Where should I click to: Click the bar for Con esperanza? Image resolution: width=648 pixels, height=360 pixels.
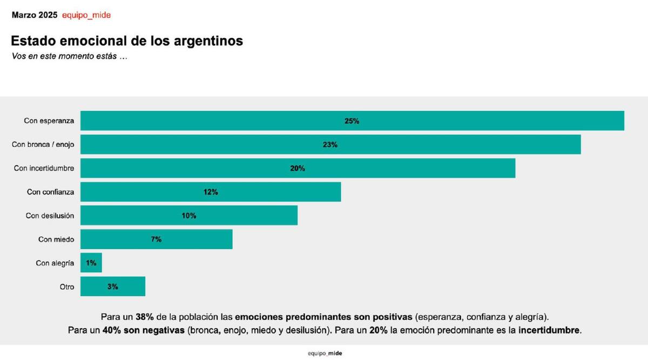(x=352, y=121)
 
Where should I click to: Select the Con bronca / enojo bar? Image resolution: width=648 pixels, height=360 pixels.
(x=330, y=145)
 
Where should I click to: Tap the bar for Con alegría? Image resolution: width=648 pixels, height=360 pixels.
(x=91, y=263)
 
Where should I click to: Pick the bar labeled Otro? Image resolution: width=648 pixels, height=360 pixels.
(x=112, y=287)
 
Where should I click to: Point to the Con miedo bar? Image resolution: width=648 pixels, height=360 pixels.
(x=156, y=239)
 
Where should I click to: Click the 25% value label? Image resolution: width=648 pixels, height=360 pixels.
(x=352, y=121)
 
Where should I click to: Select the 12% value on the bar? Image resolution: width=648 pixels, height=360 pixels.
(x=211, y=192)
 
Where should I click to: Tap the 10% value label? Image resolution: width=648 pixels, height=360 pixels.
(x=189, y=216)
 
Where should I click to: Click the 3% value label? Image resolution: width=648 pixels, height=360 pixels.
(x=112, y=287)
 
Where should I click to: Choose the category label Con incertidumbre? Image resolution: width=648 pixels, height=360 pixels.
(x=44, y=168)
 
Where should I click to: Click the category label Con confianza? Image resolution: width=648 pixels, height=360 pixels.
(x=50, y=192)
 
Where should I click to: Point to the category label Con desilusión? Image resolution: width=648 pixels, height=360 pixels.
(x=50, y=216)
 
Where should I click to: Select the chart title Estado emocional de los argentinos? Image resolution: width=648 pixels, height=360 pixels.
(x=127, y=41)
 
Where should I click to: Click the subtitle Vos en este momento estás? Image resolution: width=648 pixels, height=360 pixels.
(x=70, y=56)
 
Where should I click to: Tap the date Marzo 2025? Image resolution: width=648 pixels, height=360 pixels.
(x=35, y=15)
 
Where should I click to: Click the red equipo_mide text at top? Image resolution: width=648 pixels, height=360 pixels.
(x=86, y=15)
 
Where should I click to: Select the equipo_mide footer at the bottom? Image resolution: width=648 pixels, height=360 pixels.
(x=324, y=353)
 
